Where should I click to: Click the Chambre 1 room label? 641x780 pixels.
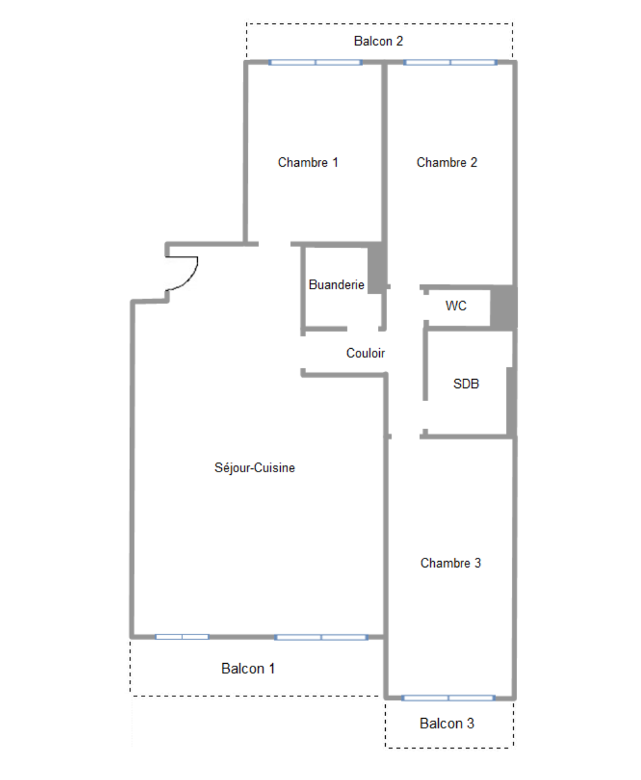pos(308,163)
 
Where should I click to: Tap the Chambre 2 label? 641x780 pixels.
pos(446,163)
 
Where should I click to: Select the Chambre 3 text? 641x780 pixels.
pos(450,562)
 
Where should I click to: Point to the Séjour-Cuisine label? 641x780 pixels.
pos(255,468)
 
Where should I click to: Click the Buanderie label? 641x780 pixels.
pos(336,285)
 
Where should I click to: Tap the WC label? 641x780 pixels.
pos(456,305)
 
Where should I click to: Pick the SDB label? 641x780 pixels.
pos(466,384)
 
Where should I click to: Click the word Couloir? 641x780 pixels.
pos(366,353)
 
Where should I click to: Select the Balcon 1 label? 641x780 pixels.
pos(248,669)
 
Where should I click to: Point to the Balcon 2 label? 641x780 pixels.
pos(379,41)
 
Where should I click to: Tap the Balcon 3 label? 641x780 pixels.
pos(447,724)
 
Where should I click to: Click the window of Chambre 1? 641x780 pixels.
pos(315,63)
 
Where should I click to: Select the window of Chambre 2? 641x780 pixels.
pos(450,63)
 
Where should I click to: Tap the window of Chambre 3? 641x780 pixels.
pos(448,698)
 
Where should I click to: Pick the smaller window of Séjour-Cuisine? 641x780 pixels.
pos(182,636)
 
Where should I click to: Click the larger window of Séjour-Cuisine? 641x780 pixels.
pos(321,637)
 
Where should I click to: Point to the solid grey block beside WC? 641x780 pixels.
pos(503,307)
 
